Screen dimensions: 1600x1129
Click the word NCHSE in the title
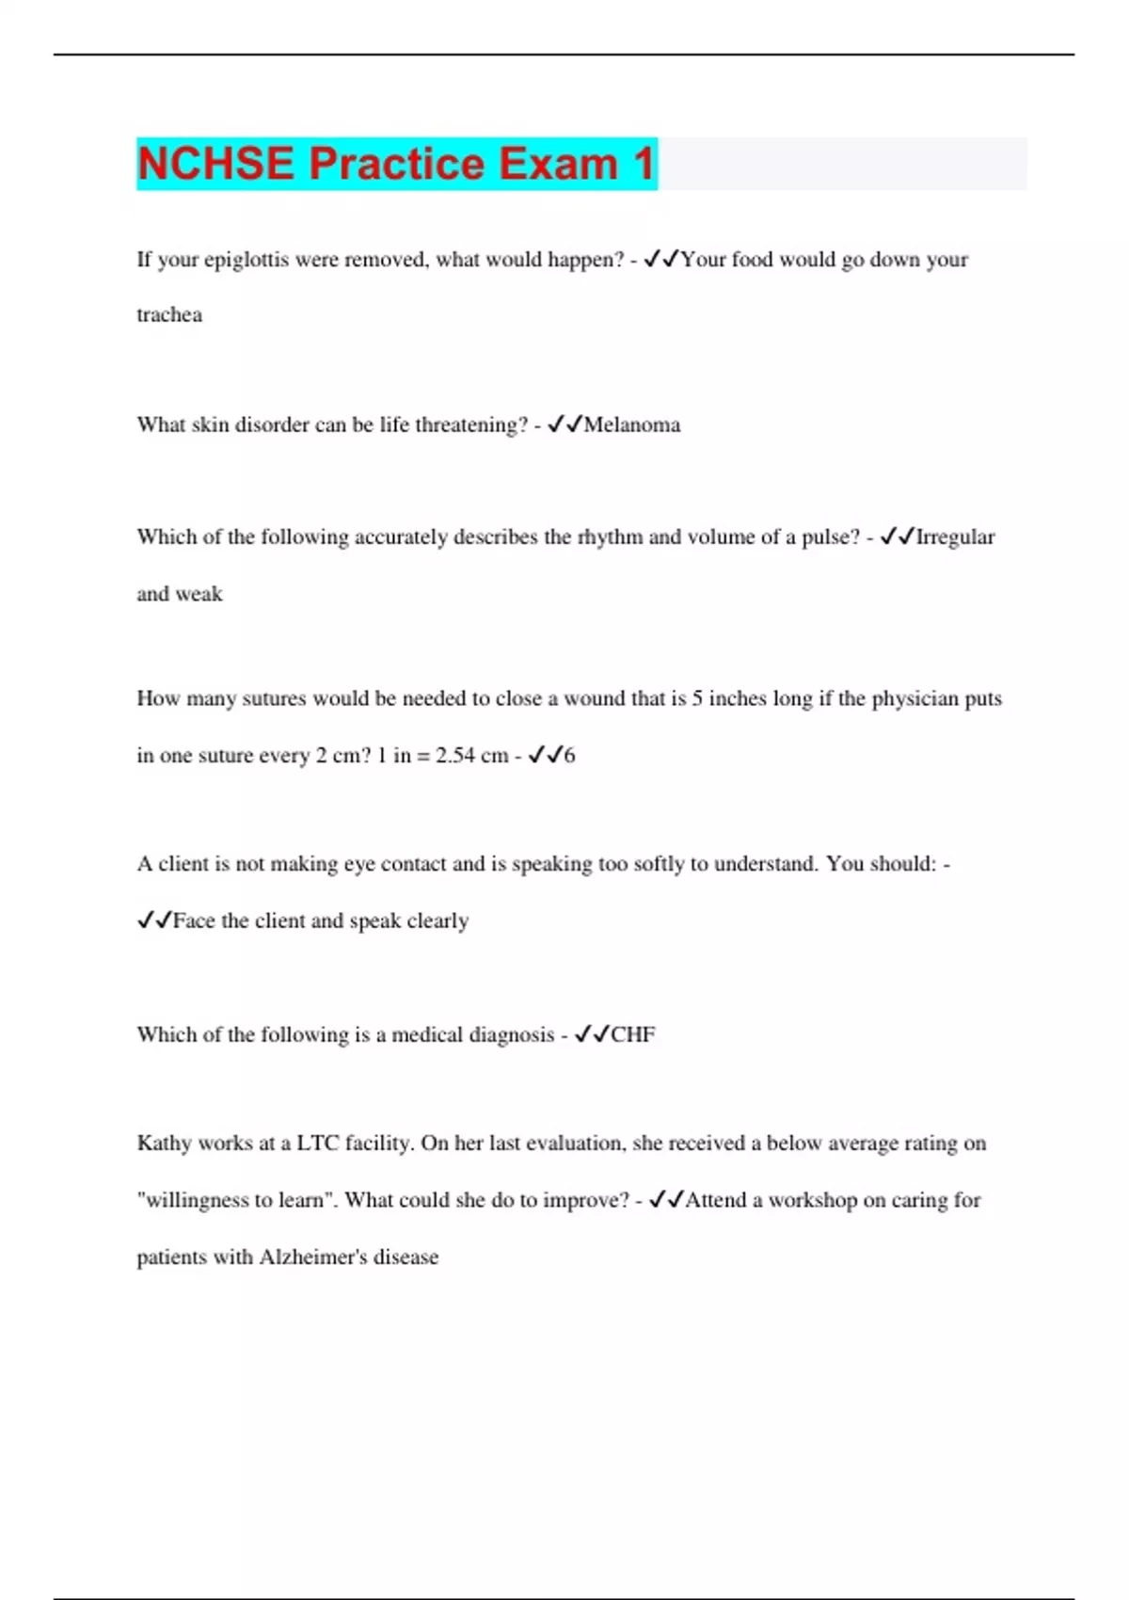coord(215,164)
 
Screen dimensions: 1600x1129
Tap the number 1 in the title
coord(644,164)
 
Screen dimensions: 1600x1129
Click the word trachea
coord(169,315)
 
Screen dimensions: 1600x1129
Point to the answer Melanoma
coord(632,425)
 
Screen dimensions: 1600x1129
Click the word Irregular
coord(955,537)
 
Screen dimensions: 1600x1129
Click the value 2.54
coord(455,756)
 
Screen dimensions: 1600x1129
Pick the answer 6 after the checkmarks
coord(569,756)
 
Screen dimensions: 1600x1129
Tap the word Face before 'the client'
coord(194,921)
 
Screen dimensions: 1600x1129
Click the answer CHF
coord(633,1035)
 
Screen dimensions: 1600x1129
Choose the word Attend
coord(715,1201)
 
